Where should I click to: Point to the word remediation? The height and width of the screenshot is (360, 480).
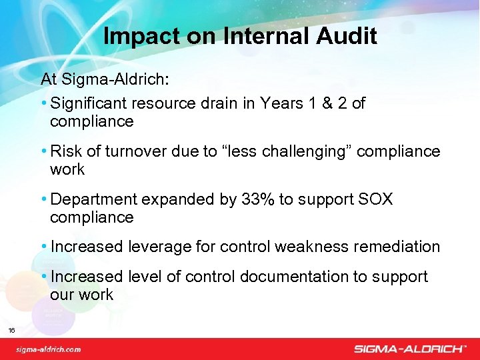(396, 247)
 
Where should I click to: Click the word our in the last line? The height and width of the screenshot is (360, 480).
(62, 295)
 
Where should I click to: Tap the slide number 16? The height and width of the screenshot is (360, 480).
(12, 330)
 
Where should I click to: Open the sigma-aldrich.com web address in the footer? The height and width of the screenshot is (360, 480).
(49, 349)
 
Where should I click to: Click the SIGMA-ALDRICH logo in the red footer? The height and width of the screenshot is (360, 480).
(409, 348)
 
